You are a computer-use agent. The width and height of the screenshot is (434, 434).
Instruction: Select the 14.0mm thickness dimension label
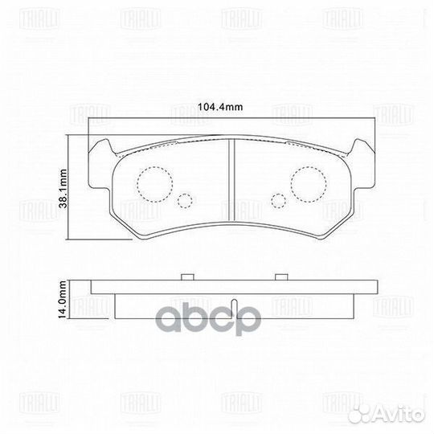coord(61,301)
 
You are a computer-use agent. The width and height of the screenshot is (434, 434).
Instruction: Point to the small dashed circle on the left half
coord(185,202)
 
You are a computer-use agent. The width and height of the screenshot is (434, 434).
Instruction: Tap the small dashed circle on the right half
coord(278,202)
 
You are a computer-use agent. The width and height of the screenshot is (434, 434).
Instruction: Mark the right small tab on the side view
coord(280,276)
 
